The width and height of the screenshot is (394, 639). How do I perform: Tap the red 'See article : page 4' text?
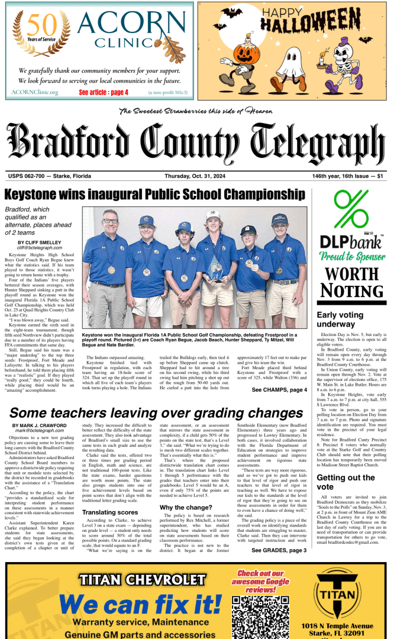coord(104,92)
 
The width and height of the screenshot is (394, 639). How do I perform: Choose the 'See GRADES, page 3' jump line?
coord(279,550)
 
